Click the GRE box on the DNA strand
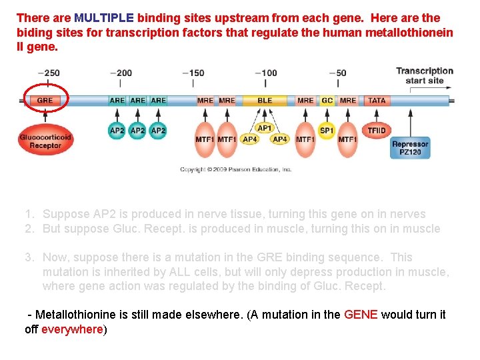[x=45, y=101]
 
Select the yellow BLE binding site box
[x=265, y=101]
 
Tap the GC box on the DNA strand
[x=327, y=101]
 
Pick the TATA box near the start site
[x=377, y=101]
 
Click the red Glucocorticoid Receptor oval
[x=45, y=141]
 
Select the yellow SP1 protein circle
[x=327, y=131]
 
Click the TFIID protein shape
[x=377, y=131]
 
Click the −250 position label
[x=49, y=73]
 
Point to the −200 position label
[x=121, y=73]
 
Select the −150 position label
[x=193, y=73]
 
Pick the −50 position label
[x=338, y=73]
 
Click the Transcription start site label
[x=425, y=75]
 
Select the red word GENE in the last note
[x=361, y=315]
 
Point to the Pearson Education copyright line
[x=236, y=169]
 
